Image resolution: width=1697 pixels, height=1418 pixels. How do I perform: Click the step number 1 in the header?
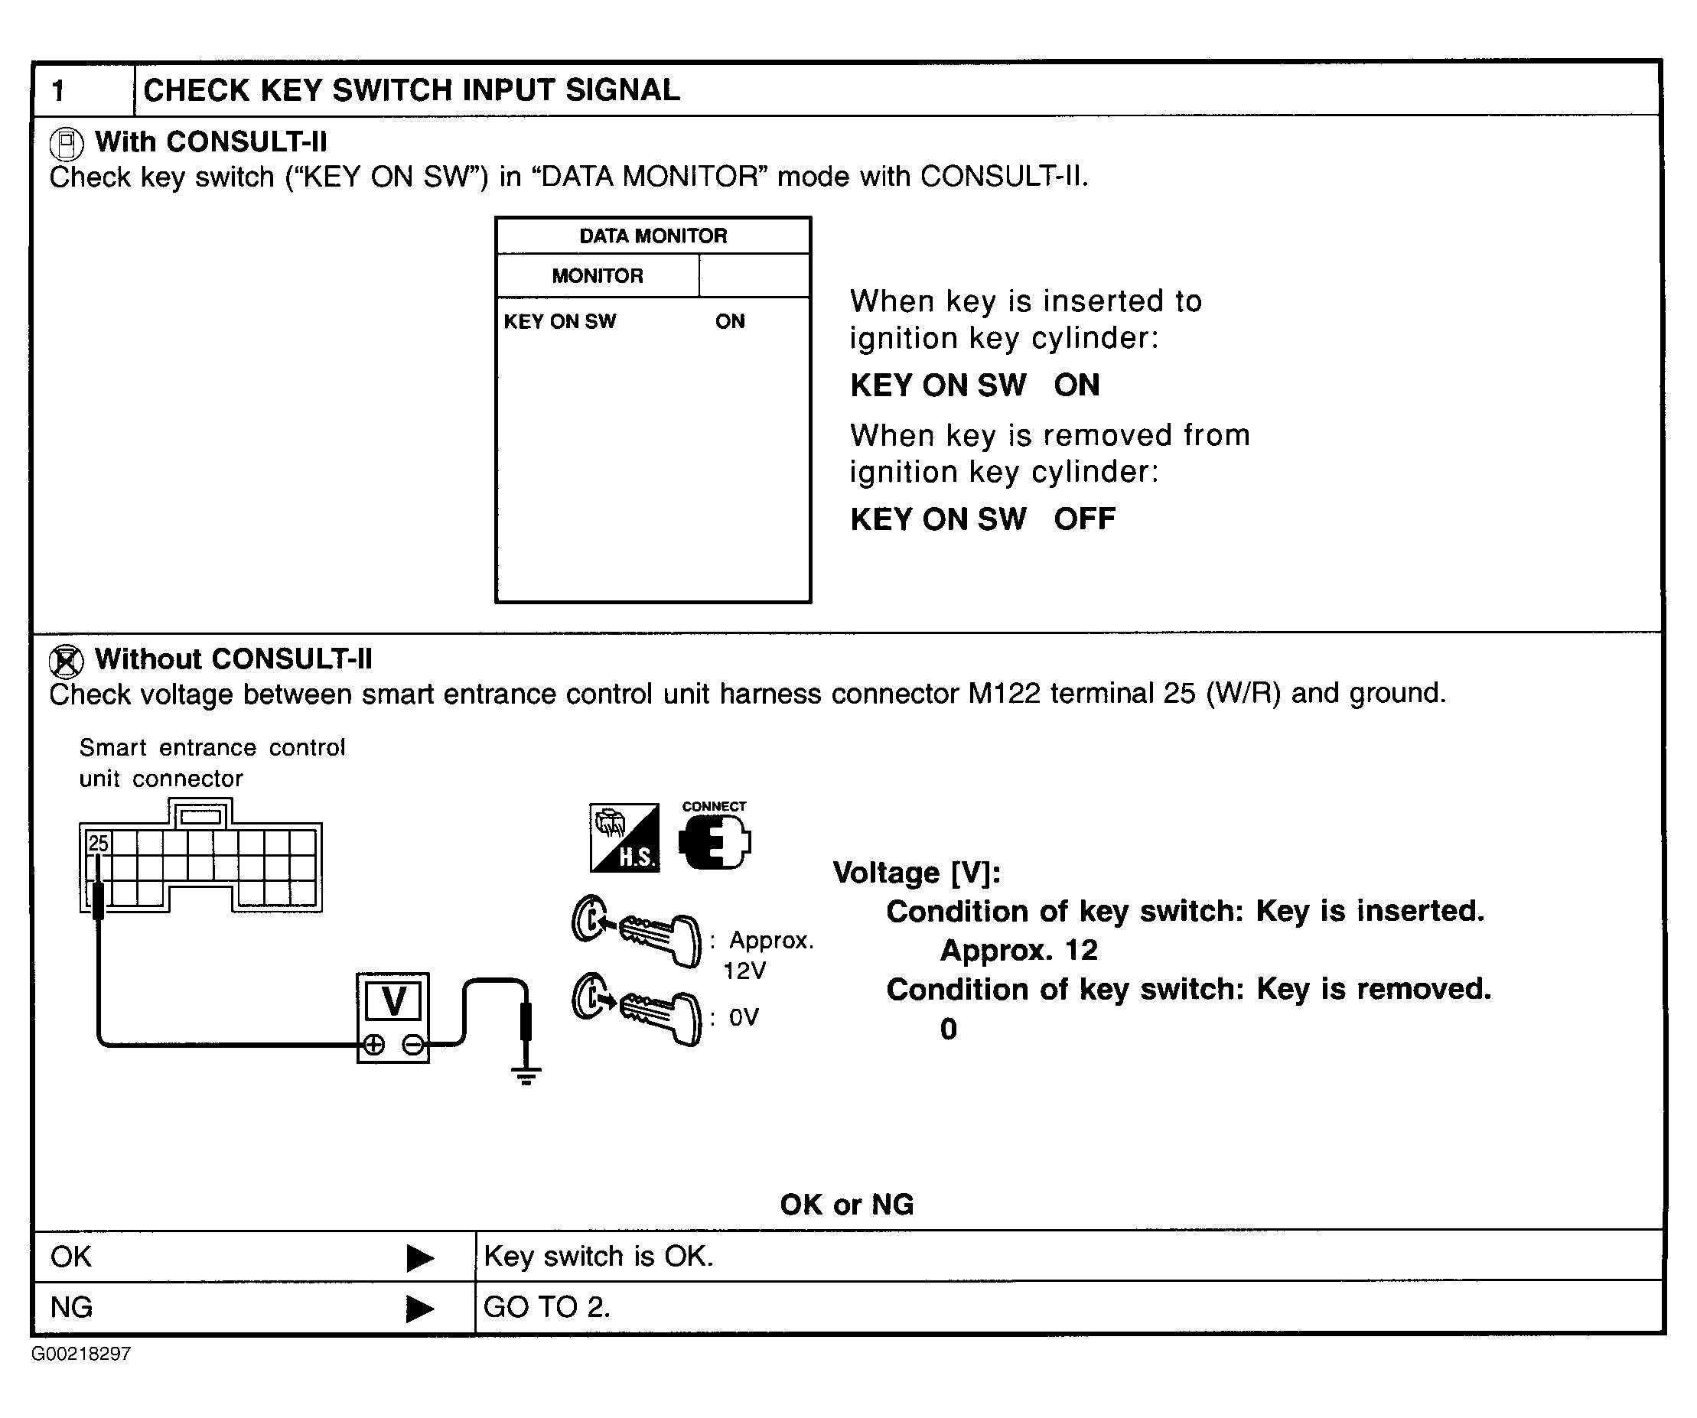click(58, 90)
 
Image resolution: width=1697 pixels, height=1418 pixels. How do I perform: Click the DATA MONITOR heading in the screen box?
click(653, 236)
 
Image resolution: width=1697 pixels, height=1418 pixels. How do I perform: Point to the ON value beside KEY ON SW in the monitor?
click(730, 321)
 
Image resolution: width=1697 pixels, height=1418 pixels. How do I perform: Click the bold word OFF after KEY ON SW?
click(1084, 519)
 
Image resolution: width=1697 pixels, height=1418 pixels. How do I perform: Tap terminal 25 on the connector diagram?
click(99, 844)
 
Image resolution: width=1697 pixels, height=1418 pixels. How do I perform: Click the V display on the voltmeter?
click(393, 1001)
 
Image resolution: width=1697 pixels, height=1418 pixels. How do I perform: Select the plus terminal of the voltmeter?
click(373, 1045)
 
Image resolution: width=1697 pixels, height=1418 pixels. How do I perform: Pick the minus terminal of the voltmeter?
click(413, 1045)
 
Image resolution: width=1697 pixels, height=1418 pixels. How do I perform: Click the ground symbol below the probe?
click(526, 1075)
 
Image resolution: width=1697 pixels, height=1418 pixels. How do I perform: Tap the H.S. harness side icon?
click(624, 837)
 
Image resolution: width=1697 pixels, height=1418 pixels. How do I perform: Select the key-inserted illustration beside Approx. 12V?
click(637, 930)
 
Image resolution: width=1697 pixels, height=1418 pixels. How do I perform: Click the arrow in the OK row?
click(419, 1257)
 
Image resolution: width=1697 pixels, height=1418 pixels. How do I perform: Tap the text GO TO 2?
click(546, 1307)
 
